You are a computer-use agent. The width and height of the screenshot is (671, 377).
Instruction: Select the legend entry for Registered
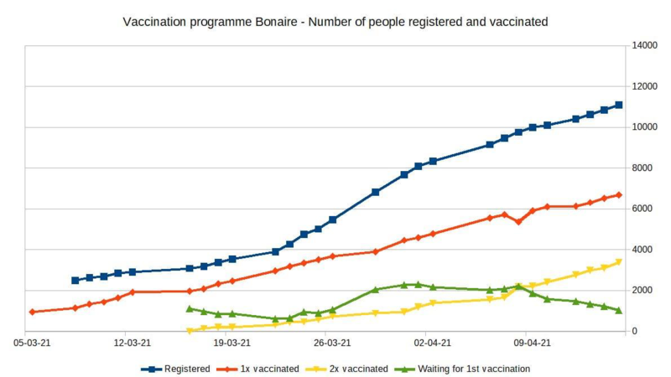187,368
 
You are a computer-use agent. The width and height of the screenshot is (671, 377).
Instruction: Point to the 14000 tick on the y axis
646,46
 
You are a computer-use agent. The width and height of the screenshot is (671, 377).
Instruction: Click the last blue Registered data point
619,105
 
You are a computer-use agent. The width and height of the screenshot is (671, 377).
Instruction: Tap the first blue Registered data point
75,281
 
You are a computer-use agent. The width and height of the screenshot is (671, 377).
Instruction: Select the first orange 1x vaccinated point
32,312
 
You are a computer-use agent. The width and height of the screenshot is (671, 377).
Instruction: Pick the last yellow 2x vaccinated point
619,262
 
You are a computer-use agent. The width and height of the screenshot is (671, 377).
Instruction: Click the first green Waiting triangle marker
190,308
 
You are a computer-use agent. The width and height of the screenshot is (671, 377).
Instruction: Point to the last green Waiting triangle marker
619,310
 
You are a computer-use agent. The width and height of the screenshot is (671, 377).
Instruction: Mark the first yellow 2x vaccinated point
190,331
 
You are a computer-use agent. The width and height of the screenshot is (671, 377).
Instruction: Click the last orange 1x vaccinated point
619,195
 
